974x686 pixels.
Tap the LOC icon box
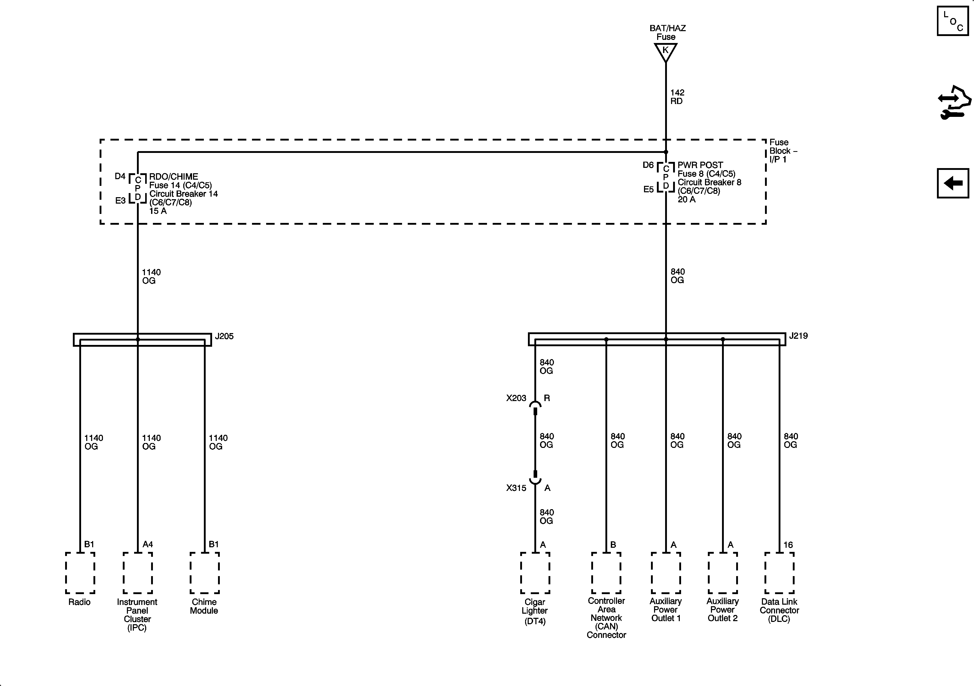[x=952, y=21]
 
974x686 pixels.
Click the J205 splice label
[x=224, y=336]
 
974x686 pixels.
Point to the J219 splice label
[x=798, y=336]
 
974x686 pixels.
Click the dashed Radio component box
[x=80, y=573]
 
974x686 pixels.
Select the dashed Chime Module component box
[x=204, y=573]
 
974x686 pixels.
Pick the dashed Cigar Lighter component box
[x=535, y=573]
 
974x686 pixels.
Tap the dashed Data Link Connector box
[x=779, y=573]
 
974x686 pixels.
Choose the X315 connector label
[x=516, y=488]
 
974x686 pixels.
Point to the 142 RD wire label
[x=677, y=97]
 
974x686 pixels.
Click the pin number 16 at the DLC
[x=788, y=545]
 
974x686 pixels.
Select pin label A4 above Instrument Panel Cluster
[x=148, y=544]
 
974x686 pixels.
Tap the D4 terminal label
[x=120, y=176]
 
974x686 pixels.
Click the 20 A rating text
[x=686, y=199]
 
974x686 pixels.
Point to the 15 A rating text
[x=158, y=211]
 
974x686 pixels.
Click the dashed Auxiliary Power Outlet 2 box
[x=723, y=573]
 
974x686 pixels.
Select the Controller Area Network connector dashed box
[x=606, y=573]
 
